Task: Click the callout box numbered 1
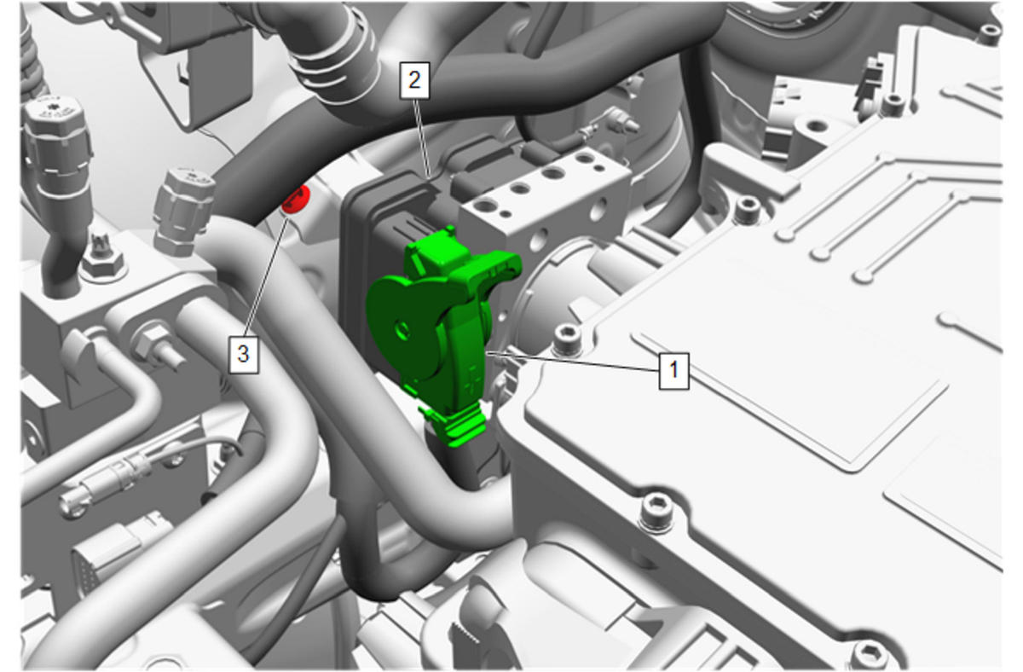[673, 370]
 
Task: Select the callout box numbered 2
[414, 81]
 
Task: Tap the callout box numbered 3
[244, 354]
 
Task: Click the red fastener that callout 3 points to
[296, 200]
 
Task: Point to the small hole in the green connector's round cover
[402, 328]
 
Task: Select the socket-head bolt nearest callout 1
[567, 339]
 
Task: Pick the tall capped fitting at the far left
[55, 137]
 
